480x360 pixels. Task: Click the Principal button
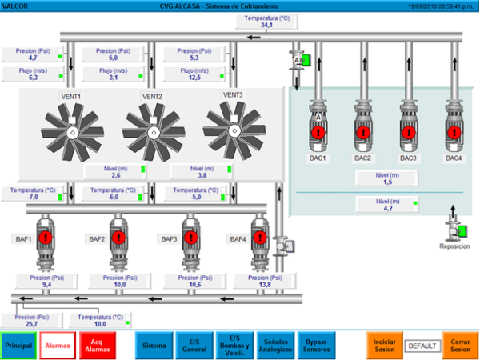click(18, 345)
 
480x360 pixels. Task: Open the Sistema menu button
click(154, 345)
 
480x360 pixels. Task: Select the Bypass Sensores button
click(317, 345)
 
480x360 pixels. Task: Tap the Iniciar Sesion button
click(384, 345)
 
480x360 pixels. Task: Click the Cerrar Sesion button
click(460, 345)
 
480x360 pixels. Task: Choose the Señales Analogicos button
click(275, 345)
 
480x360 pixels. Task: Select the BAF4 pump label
click(238, 239)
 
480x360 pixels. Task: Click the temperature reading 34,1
click(267, 26)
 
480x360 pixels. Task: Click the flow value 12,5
click(195, 78)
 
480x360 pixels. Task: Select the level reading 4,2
click(387, 208)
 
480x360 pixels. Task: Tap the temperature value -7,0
click(33, 196)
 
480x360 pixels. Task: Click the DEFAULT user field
click(422, 346)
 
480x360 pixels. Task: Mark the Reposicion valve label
click(454, 246)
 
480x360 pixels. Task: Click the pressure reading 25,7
click(33, 324)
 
